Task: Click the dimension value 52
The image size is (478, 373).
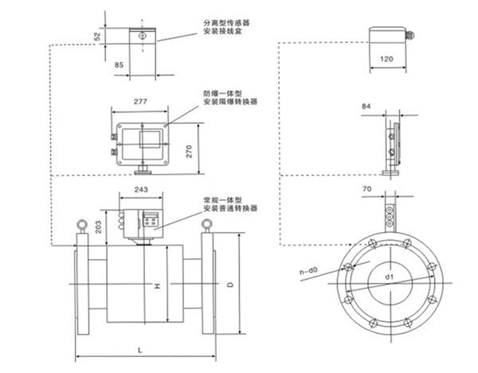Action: (x=97, y=37)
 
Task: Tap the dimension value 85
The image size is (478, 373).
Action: (x=119, y=65)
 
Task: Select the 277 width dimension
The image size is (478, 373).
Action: (x=140, y=101)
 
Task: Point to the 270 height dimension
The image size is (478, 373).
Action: (x=190, y=151)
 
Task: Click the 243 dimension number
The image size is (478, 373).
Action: (x=141, y=190)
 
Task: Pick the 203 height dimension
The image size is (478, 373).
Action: (x=98, y=227)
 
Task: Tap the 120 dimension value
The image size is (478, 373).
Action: (x=386, y=59)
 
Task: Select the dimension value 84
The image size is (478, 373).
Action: (x=366, y=106)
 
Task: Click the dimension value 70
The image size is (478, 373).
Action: (x=367, y=189)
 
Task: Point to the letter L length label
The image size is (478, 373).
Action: (x=140, y=350)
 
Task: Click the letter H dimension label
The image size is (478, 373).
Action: (x=157, y=286)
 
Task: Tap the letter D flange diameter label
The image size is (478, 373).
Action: (x=230, y=285)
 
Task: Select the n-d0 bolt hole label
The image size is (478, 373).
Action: (x=308, y=270)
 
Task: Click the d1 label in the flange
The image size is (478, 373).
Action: (x=390, y=277)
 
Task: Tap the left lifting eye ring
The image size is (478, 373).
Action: (x=82, y=225)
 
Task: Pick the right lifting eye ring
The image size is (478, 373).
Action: (x=206, y=224)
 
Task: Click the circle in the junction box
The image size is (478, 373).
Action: (x=142, y=36)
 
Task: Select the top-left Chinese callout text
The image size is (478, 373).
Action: (x=226, y=27)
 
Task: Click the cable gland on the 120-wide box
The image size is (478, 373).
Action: (x=410, y=35)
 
